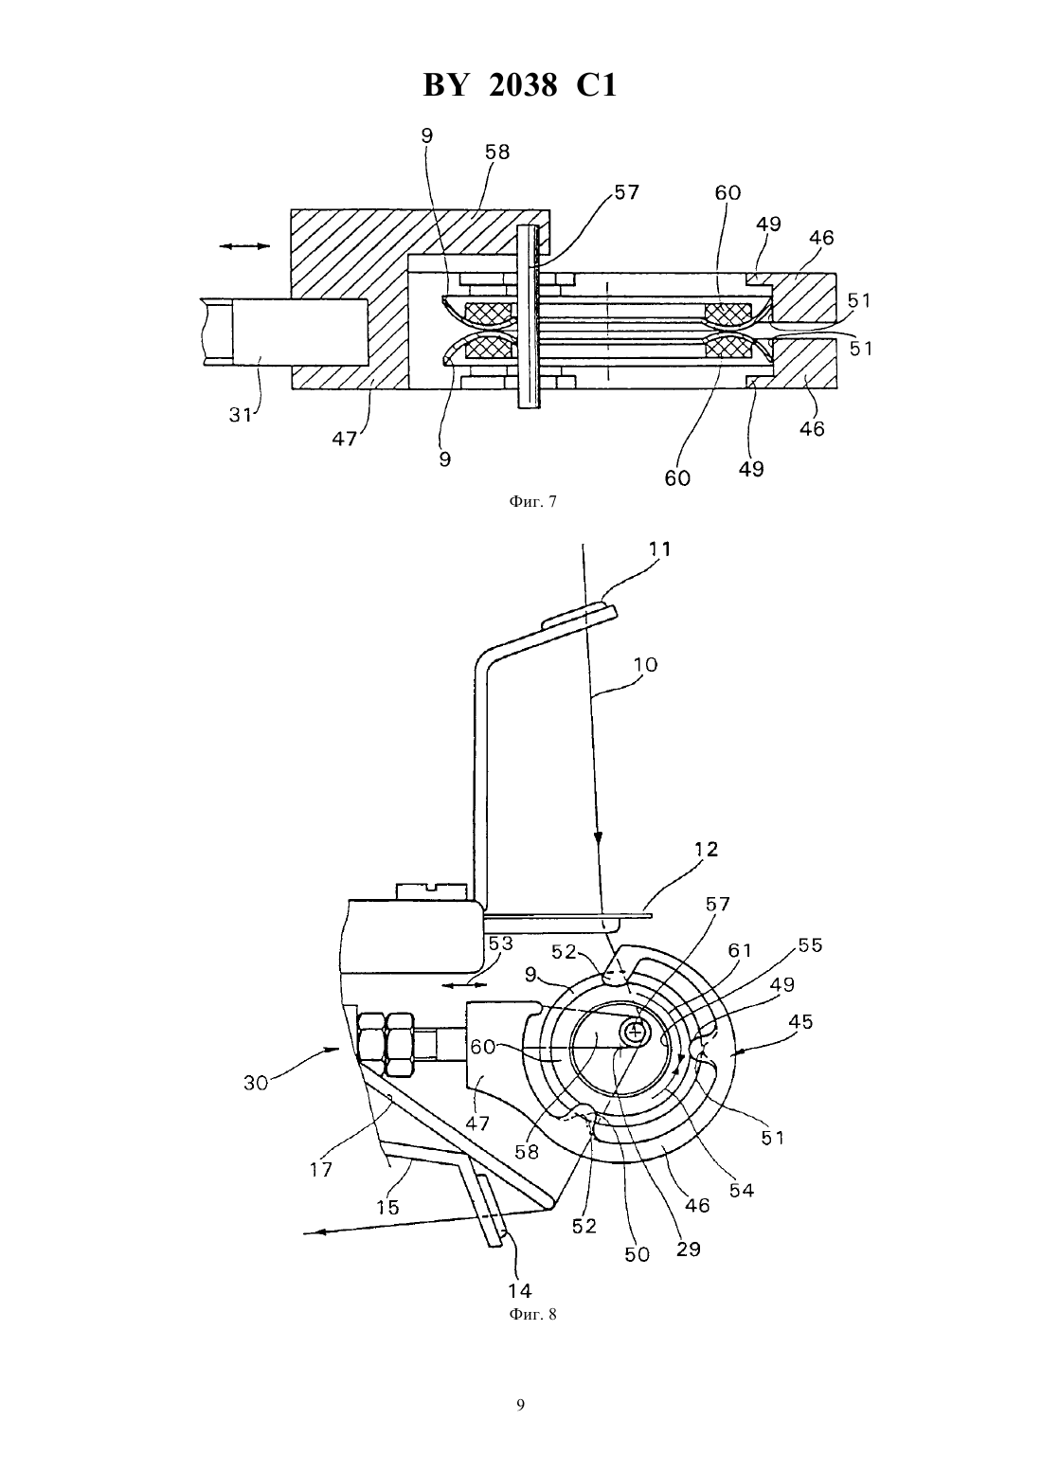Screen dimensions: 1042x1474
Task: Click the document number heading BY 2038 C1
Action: coord(520,85)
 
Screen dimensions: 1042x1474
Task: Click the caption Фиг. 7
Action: coord(532,501)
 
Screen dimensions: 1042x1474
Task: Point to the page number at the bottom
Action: coord(520,1405)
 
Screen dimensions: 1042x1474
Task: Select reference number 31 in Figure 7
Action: coord(240,415)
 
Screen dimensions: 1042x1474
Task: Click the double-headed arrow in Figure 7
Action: coord(244,246)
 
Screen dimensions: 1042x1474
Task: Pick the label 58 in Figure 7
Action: coord(496,152)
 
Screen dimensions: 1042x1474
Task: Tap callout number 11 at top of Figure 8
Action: coord(659,548)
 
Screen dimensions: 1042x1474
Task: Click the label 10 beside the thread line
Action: coord(645,664)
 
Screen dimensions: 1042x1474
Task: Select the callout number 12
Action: coord(705,849)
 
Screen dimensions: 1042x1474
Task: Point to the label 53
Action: coord(500,943)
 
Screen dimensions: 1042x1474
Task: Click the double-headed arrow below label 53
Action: coord(464,985)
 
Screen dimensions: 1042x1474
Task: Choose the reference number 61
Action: coord(740,950)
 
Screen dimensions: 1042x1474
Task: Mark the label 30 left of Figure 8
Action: coord(257,1083)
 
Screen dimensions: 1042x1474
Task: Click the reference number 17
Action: coord(321,1169)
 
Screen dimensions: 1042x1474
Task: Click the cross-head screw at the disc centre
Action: coord(636,1034)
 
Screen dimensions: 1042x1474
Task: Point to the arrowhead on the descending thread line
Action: coord(599,838)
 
